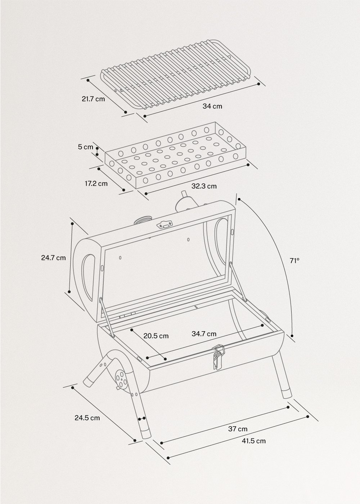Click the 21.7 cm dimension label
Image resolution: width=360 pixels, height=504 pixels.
click(93, 98)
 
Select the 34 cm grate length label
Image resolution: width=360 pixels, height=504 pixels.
click(212, 106)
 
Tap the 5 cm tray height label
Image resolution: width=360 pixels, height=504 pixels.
click(86, 147)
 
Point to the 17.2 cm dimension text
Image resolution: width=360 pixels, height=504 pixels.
click(96, 184)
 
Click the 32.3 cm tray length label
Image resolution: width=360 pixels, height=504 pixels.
click(204, 186)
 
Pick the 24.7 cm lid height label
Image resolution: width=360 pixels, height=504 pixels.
click(53, 258)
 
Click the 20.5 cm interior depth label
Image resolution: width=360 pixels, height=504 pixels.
click(156, 336)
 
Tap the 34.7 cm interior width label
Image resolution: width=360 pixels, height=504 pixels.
click(204, 334)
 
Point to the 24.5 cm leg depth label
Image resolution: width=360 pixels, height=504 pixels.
click(87, 418)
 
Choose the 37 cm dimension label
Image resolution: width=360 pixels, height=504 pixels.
click(238, 429)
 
